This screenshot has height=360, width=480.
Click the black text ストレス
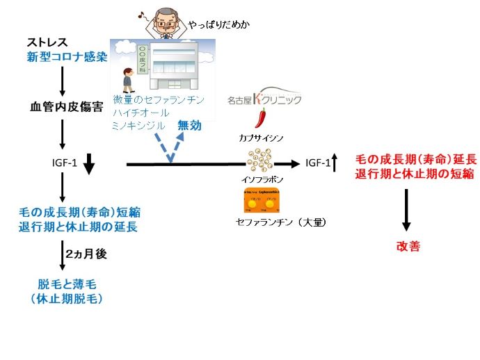point(47,42)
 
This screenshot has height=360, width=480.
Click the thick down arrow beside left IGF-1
point(88,165)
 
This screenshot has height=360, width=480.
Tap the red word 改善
point(408,246)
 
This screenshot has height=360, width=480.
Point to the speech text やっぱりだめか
point(219,26)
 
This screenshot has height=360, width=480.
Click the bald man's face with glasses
point(166,20)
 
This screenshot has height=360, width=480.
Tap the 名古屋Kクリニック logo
point(264,99)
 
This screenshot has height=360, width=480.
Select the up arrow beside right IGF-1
point(334,164)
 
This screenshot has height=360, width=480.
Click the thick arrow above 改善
point(406,212)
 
